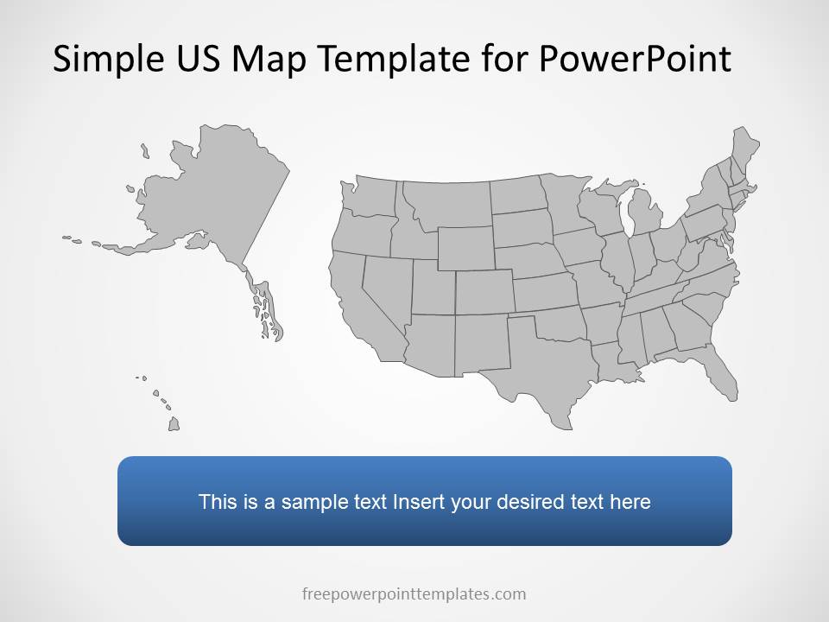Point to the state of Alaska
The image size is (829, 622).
pos(216,199)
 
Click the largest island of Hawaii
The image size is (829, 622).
pos(174,423)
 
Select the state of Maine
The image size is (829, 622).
pos(744,149)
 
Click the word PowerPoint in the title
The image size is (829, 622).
pos(635,59)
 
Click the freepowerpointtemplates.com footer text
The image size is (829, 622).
pos(414,593)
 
